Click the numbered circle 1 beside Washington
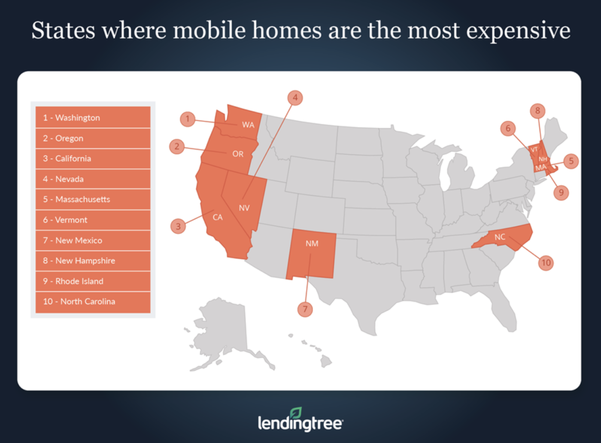pos(187,119)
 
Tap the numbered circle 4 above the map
pos(295,98)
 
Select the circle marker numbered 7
pos(305,309)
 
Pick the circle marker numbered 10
pos(546,263)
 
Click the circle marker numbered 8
pos(537,111)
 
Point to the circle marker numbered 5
pos(571,161)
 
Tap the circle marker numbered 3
pos(178,226)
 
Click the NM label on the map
pos(312,243)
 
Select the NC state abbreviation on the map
pos(500,237)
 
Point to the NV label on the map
pos(244,208)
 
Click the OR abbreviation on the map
pos(238,154)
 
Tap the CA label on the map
pos(218,217)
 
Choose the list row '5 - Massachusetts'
pos(93,199)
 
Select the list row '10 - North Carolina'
pos(93,301)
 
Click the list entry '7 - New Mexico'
pos(93,240)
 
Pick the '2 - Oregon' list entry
pos(93,138)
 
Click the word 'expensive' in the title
pos(518,31)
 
